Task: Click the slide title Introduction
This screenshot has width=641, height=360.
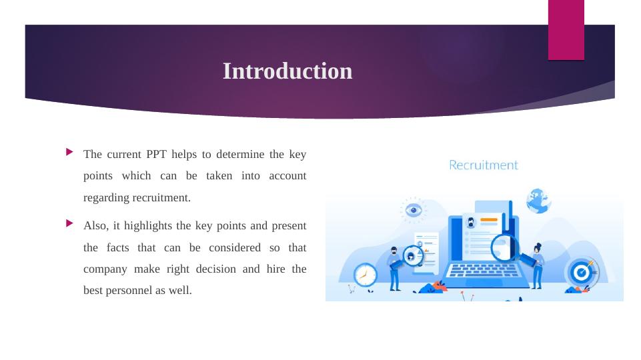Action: (x=287, y=71)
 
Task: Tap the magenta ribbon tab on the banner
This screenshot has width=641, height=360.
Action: (x=566, y=30)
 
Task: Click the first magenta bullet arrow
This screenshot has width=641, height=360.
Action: (x=69, y=152)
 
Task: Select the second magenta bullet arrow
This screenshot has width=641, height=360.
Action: (x=69, y=223)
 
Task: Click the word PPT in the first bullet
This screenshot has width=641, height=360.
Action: (x=156, y=155)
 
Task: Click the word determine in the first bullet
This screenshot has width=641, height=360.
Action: (x=240, y=155)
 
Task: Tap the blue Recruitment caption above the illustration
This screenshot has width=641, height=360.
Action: (x=483, y=165)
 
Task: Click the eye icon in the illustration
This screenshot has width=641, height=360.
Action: (x=414, y=210)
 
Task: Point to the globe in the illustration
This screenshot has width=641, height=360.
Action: (x=538, y=201)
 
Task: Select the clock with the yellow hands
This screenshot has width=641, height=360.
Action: (x=365, y=275)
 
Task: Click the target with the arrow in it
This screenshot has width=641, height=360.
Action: (x=582, y=272)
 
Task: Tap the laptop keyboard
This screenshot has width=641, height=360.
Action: (x=482, y=271)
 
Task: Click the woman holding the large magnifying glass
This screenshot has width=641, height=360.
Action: (x=537, y=266)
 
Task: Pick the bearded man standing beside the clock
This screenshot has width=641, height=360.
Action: (x=394, y=269)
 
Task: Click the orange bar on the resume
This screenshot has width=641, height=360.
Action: (x=488, y=220)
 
